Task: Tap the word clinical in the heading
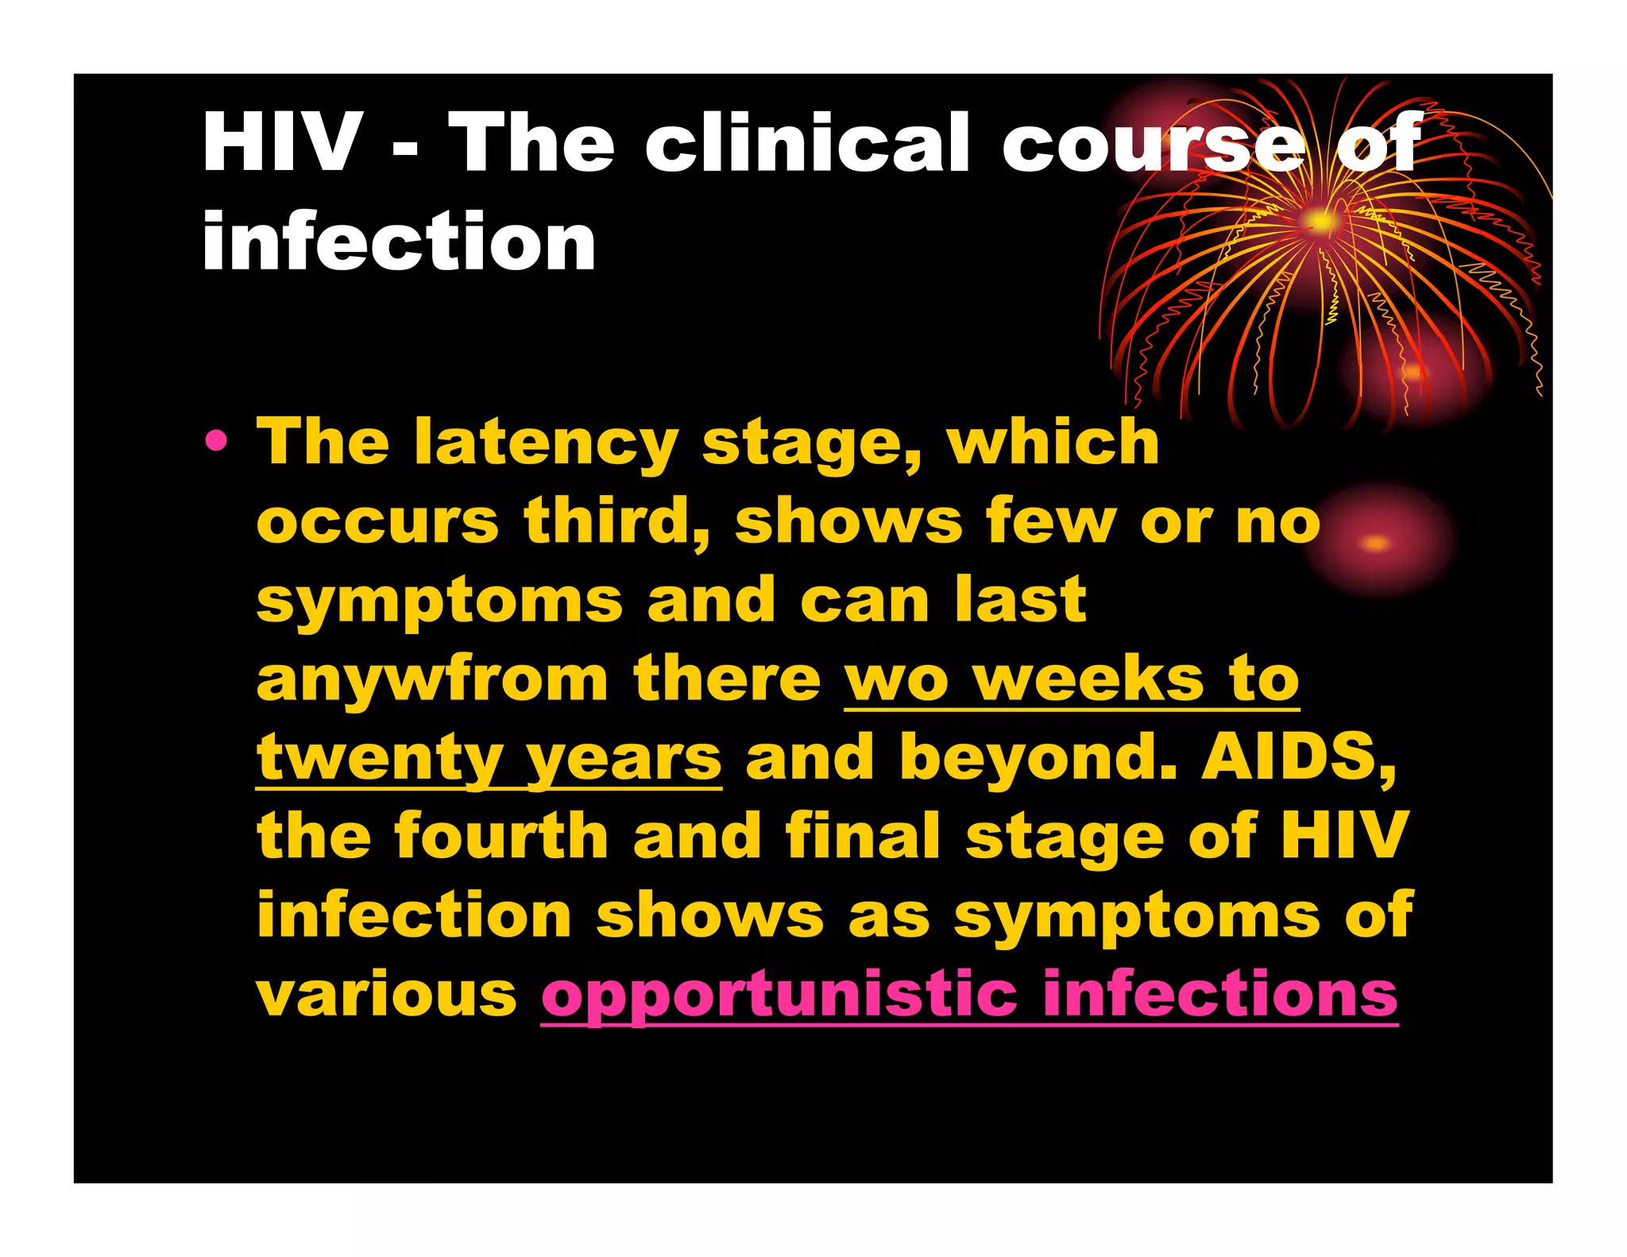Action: [807, 142]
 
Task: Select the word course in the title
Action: [1153, 142]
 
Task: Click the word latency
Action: [546, 443]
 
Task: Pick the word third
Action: [616, 520]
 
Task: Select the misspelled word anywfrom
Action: [432, 679]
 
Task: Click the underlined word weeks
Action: [1089, 679]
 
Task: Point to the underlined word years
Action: [624, 758]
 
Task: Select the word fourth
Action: [501, 836]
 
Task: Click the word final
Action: [863, 836]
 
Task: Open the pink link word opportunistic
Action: [779, 995]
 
